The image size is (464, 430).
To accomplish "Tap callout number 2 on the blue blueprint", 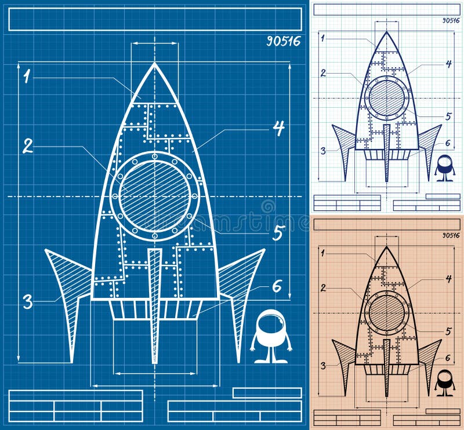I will [27, 145].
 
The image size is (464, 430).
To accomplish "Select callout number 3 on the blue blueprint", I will [27, 301].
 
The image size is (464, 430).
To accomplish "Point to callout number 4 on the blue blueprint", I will [279, 128].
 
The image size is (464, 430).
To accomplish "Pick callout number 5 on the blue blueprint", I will [278, 233].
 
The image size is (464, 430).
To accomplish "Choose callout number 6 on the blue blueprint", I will [277, 286].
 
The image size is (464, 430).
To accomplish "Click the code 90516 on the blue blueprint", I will [284, 42].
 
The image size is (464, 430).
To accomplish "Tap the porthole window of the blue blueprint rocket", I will [154, 196].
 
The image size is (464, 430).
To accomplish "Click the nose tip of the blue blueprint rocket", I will [155, 65].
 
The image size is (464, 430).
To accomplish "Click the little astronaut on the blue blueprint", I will [270, 336].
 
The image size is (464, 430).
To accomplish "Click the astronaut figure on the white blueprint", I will [445, 167].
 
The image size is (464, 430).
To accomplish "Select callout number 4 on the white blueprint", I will [448, 64].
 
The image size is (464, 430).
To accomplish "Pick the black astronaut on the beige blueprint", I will [445, 382].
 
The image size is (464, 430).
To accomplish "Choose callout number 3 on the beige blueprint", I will [323, 366].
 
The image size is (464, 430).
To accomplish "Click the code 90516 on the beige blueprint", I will [451, 235].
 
